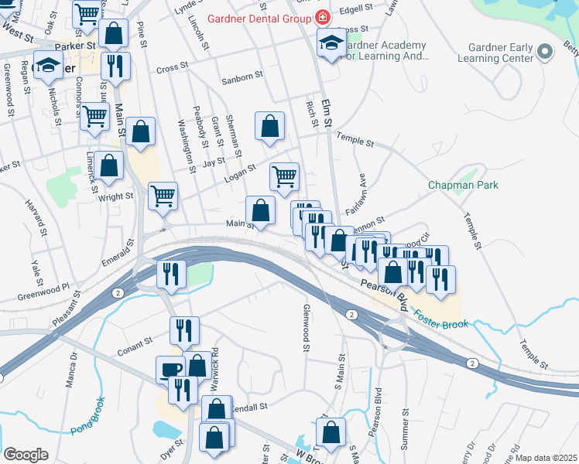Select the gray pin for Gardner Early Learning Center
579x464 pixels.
[545, 53]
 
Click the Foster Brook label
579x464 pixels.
[440, 318]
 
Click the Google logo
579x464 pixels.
[26, 455]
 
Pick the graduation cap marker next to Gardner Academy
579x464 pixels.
[331, 44]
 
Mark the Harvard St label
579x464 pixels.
[35, 220]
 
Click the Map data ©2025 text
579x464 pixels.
[547, 458]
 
